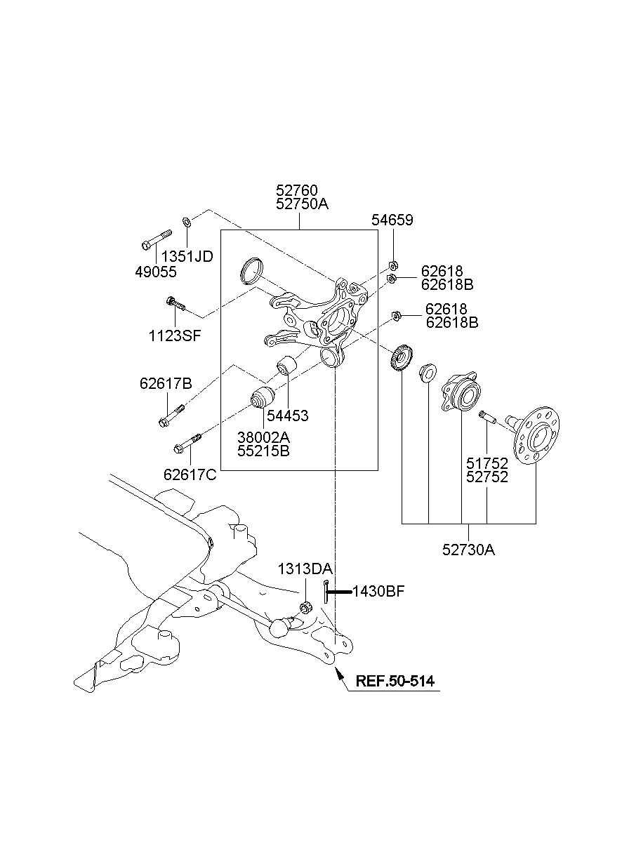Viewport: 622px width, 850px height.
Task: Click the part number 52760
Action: point(296,190)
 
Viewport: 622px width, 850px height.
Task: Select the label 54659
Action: point(392,220)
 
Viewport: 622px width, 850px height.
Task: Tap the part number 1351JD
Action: point(187,257)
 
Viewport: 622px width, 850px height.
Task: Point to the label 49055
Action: point(156,272)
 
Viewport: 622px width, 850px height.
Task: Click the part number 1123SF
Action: point(174,336)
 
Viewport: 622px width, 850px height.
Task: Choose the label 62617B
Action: point(166,384)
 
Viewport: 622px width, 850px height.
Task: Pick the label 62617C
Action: point(190,474)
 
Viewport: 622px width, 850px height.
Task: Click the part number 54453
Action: point(287,416)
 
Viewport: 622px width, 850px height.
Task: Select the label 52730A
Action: point(468,550)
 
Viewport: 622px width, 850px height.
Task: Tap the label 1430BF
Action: point(378,591)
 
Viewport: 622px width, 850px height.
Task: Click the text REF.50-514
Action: point(395,681)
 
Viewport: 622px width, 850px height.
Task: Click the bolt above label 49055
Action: point(156,240)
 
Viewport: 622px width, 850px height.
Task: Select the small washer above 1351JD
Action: point(187,221)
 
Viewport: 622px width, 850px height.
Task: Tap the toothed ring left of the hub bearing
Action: point(402,358)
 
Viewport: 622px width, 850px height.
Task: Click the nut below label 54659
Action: point(393,265)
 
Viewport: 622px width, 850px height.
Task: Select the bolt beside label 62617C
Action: point(187,443)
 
